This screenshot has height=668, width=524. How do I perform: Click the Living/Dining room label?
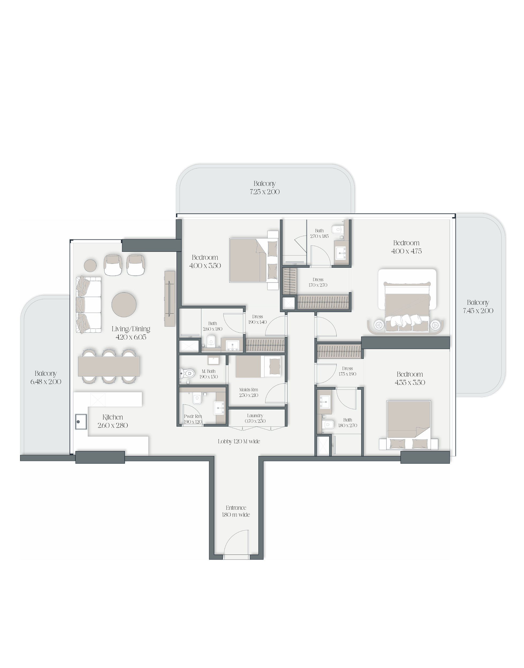(131, 333)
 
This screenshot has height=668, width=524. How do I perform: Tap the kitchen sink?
(81, 422)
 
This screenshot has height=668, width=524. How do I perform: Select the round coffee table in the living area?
(124, 304)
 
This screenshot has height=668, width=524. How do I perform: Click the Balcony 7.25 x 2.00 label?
(264, 187)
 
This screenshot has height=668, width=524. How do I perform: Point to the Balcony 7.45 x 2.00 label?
(478, 307)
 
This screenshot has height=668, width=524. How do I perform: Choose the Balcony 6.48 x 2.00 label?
(46, 378)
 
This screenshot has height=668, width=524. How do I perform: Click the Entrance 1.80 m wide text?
(236, 511)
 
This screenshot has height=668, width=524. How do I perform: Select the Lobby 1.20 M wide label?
(239, 441)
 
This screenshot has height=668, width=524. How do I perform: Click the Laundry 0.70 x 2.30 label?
(255, 418)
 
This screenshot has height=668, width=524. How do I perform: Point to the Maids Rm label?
(249, 390)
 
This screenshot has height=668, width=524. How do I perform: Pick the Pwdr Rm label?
(193, 416)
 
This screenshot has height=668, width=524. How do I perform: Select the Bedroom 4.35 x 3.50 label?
(410, 378)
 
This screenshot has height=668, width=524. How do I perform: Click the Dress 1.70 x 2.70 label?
(318, 282)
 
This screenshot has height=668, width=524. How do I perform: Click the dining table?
(109, 366)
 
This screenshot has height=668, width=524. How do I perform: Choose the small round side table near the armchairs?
(90, 265)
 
